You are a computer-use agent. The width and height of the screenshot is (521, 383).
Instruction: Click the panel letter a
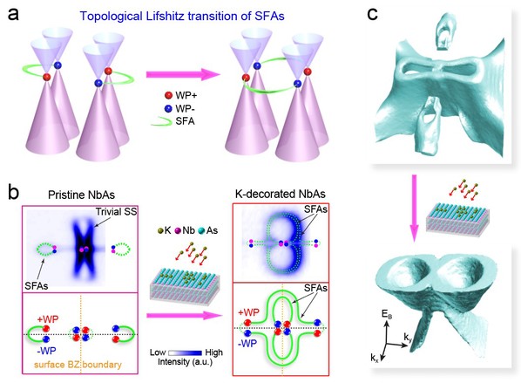(x=13, y=15)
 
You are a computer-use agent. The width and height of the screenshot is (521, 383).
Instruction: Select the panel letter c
(x=373, y=15)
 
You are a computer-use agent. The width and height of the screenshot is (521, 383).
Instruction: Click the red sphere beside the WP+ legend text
(x=169, y=95)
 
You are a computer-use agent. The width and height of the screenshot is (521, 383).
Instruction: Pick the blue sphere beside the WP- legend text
(x=169, y=108)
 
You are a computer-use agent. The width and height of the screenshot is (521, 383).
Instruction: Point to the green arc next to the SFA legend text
(x=161, y=122)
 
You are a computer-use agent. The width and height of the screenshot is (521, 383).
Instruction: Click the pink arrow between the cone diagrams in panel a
(x=182, y=74)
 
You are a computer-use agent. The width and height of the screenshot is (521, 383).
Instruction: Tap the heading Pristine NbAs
(x=81, y=195)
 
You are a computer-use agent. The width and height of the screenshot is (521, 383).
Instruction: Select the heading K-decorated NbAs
(x=281, y=194)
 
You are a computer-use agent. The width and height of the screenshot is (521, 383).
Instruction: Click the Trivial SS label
(x=116, y=212)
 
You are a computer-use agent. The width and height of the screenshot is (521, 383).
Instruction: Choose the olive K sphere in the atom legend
(x=161, y=230)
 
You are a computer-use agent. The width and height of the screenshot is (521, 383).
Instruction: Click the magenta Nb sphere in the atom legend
(x=178, y=230)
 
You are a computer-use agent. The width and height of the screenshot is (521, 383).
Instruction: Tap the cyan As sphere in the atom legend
(x=201, y=230)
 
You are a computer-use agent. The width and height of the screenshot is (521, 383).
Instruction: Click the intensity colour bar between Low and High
(x=185, y=353)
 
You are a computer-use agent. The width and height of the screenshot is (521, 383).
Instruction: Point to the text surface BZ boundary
(x=78, y=365)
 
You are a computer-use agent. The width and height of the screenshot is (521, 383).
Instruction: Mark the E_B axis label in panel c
(x=387, y=314)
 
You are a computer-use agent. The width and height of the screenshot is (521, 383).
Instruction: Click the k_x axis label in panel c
(x=375, y=358)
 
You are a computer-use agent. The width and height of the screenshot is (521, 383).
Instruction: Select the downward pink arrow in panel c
(x=414, y=208)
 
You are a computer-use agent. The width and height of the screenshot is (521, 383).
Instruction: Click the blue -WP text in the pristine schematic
(x=46, y=351)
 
